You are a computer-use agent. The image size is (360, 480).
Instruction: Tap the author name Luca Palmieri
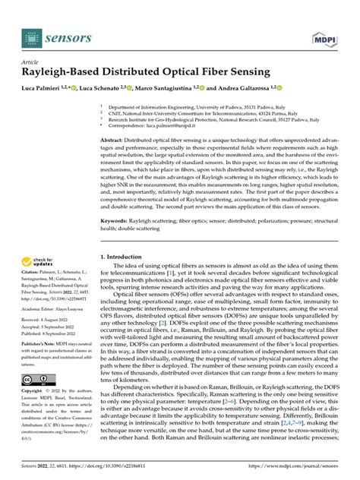pos(45,89)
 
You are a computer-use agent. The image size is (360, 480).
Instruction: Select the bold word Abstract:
pos(115,141)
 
